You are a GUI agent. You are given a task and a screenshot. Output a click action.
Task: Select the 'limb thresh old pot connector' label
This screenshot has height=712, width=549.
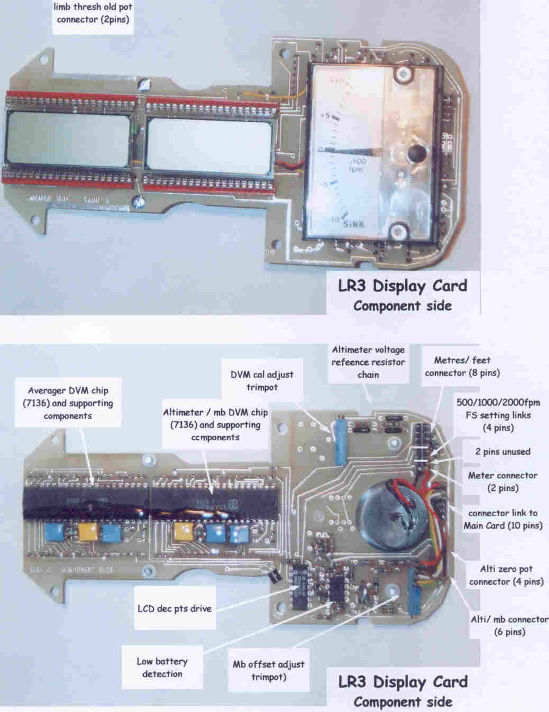[x=93, y=14]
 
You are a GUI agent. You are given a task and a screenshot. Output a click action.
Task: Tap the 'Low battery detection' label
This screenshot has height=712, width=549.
[x=162, y=668]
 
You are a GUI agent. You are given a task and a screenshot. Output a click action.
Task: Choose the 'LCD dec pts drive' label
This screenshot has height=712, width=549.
[x=175, y=608]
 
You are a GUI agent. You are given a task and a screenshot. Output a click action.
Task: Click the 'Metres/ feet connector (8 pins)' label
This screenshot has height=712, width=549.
[x=462, y=366]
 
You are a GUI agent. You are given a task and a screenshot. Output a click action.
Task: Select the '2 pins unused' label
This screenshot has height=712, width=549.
[x=502, y=452]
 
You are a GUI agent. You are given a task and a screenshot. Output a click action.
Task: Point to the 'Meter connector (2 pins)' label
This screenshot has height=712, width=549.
[x=502, y=481]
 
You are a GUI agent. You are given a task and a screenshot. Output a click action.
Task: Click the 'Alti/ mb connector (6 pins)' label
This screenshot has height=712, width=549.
[x=509, y=625]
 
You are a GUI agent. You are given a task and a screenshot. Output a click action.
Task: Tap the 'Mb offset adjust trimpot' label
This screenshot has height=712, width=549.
[x=269, y=671]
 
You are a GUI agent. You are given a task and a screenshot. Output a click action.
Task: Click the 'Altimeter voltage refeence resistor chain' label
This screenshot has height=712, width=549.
[x=368, y=362]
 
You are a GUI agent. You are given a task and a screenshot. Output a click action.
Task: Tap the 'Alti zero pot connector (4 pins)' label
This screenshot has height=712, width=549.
[x=506, y=575]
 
